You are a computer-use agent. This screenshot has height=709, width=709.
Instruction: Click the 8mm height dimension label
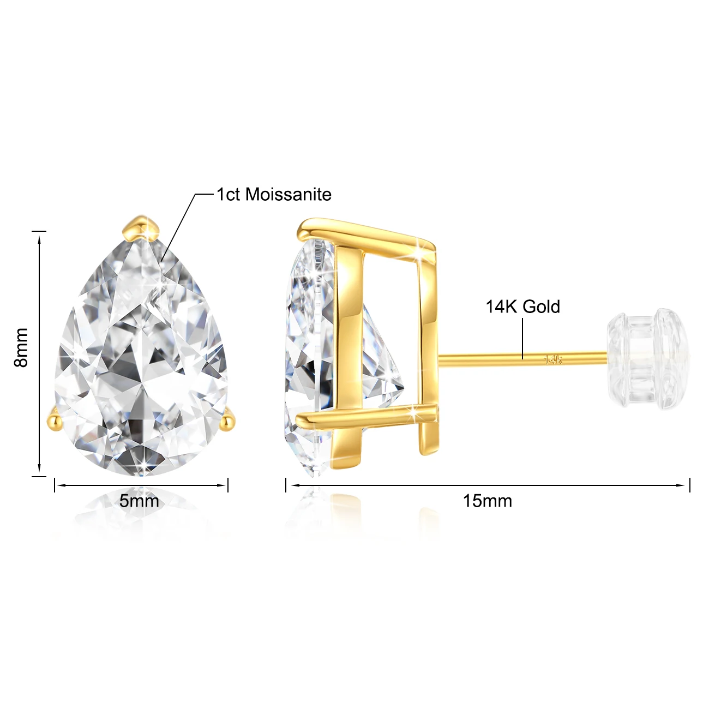[21, 348]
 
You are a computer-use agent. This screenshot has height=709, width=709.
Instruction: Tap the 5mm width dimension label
[139, 501]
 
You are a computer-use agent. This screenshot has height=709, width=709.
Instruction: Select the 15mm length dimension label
[488, 501]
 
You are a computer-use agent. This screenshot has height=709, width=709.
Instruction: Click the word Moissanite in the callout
[288, 194]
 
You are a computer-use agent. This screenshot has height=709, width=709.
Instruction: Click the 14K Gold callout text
[523, 307]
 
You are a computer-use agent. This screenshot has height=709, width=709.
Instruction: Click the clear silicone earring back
[648, 358]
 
